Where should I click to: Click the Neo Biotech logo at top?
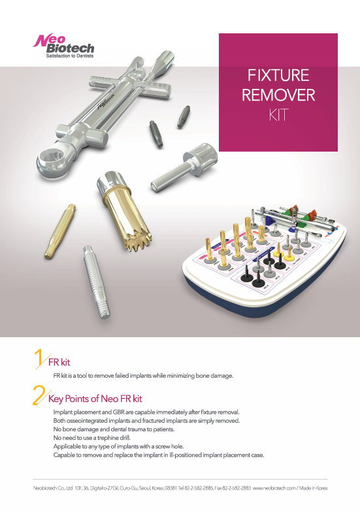point(63,46)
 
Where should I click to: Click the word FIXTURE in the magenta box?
point(278,75)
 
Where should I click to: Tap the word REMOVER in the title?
point(278,95)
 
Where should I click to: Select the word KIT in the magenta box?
point(278,115)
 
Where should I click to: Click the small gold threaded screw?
point(60,231)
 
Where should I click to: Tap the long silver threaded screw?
point(97,282)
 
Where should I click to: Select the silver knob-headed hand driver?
point(184,167)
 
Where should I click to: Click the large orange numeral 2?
point(40,395)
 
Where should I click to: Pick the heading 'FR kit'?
point(59,362)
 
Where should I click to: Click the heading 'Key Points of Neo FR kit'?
point(95,399)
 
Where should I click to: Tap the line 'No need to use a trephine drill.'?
point(92,438)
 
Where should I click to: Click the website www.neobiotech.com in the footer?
point(274,488)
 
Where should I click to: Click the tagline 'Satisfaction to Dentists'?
point(70,56)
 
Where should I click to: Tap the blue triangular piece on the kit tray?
point(269,220)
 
